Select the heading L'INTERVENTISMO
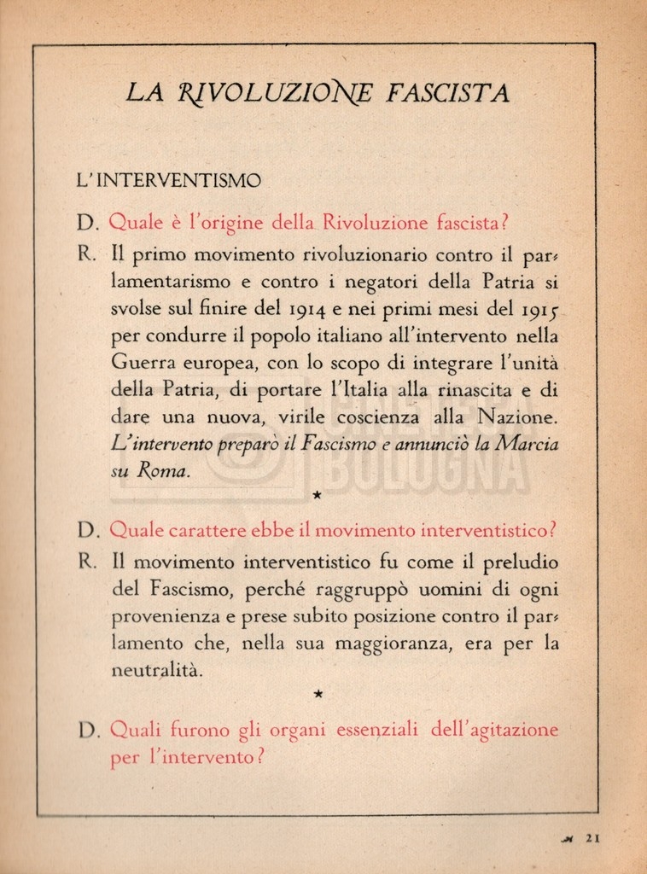point(168,181)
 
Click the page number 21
point(593,838)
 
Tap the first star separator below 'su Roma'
point(318,494)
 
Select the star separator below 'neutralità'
point(318,694)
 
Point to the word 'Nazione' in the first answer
point(517,417)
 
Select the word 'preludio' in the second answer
point(520,562)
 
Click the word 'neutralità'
point(158,671)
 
